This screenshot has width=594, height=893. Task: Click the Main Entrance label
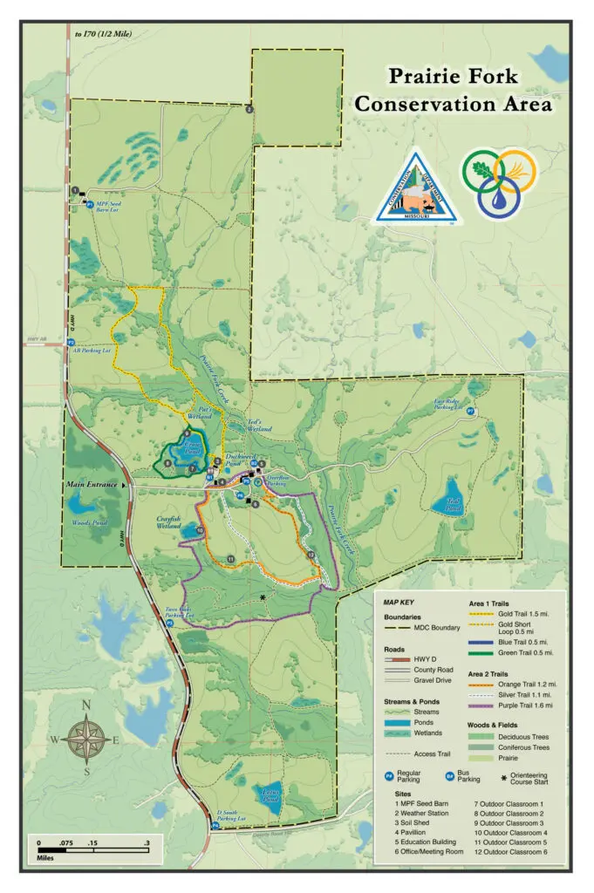click(93, 484)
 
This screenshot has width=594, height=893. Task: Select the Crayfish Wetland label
click(168, 523)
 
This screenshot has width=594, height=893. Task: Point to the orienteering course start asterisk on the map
click(263, 597)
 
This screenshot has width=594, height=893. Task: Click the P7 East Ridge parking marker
click(471, 410)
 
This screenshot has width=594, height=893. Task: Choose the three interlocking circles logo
click(499, 181)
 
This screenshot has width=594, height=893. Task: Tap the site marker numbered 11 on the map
click(230, 558)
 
